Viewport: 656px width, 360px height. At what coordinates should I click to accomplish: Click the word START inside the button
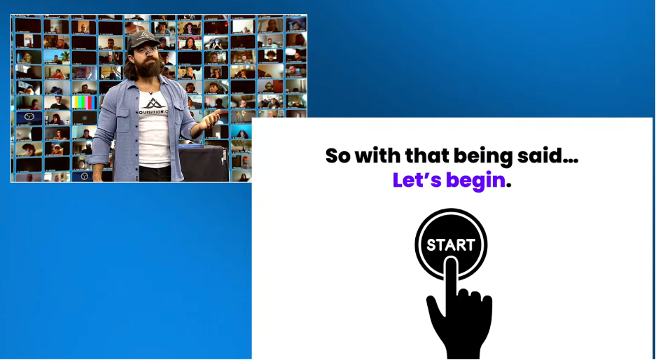tap(451, 245)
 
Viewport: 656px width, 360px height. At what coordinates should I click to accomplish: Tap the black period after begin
tap(509, 186)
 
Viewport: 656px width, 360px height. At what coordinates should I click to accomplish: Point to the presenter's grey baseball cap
tap(144, 39)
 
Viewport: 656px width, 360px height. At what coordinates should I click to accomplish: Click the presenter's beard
tap(149, 68)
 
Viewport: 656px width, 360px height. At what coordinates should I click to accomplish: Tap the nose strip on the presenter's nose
tap(150, 52)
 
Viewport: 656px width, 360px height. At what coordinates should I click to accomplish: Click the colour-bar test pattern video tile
tap(84, 102)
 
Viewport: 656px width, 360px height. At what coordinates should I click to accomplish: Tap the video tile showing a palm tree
tap(57, 57)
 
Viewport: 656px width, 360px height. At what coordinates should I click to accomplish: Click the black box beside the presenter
tap(204, 163)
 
